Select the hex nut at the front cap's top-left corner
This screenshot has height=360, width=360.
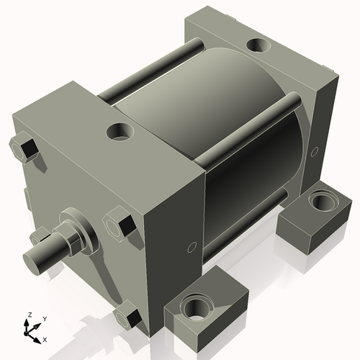coord(27,147)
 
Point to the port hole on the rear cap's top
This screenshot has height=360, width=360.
coord(258,45)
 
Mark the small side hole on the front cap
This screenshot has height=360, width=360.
coord(191,248)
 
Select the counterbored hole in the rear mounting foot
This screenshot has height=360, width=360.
coord(319,199)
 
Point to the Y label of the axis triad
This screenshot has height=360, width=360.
coord(44,318)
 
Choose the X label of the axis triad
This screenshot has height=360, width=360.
coord(45,338)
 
